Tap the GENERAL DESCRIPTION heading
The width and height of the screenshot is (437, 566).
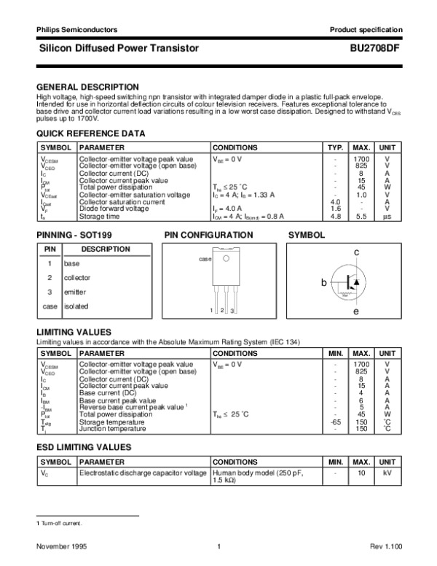pos(87,86)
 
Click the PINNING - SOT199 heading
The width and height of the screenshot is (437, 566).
pos(74,235)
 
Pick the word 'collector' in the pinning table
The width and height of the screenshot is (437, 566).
pos(77,277)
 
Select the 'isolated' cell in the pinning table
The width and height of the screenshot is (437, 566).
pos(76,306)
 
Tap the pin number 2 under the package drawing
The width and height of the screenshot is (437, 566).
pos(221,311)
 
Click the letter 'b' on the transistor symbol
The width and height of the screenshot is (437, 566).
pos(324,282)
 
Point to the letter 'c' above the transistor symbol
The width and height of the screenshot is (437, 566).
pos(357,252)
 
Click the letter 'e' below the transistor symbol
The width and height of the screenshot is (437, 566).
pos(356,312)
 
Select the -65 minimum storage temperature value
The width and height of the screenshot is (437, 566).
pos(336,422)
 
